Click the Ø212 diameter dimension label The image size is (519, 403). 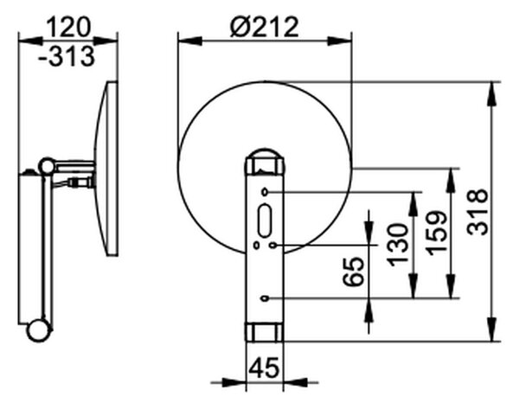pos(264,27)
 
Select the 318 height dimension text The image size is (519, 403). pos(477,212)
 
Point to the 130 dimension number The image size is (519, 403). pos(398,245)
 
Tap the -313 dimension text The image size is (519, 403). pos(67,56)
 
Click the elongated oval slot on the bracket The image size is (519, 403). pos(265,221)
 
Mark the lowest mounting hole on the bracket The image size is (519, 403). pos(264,298)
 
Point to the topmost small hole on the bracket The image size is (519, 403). pos(265,192)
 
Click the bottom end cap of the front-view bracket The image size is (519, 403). pos(265,332)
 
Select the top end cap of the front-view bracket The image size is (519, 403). pos(265,162)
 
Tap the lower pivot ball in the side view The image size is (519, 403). pos(39,330)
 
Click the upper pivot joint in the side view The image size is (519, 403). pos(47,166)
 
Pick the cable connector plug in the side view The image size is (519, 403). pos(80,182)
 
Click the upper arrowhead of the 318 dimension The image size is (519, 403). pos(492,93)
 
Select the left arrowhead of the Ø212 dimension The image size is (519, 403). pos(190,42)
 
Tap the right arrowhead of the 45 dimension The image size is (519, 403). pos(295,383)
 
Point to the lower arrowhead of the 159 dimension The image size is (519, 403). pos(451,286)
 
